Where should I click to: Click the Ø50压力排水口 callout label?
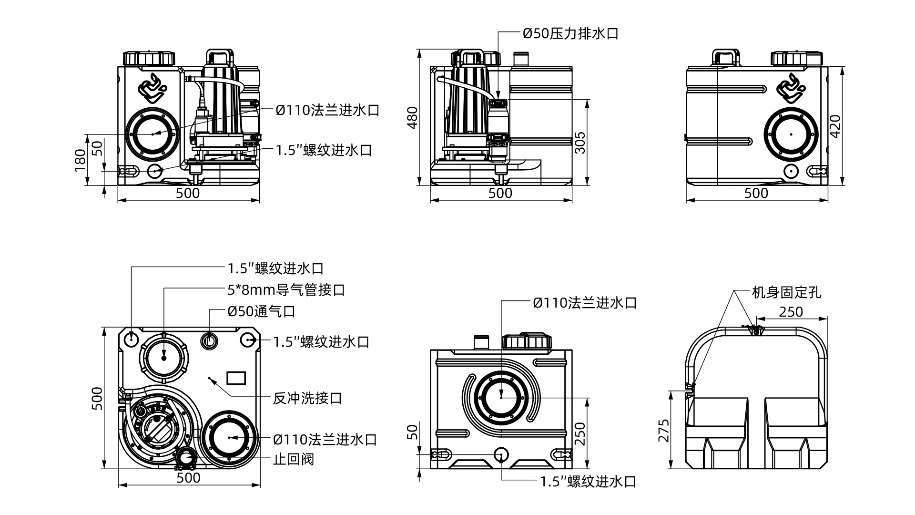570,33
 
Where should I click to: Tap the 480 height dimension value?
412,117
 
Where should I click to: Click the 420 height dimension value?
835,126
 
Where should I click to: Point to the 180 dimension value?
81,160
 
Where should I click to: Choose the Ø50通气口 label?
261,311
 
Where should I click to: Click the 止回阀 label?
294,459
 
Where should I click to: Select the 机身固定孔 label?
786,292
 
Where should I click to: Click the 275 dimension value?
663,430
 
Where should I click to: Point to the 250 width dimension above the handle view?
791,311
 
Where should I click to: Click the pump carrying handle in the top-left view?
219,55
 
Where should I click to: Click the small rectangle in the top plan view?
236,378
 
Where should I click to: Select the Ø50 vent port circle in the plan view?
209,340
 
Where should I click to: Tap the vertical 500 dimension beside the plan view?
96,398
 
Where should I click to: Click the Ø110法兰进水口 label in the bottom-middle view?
585,303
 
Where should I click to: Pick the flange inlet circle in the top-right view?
791,134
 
